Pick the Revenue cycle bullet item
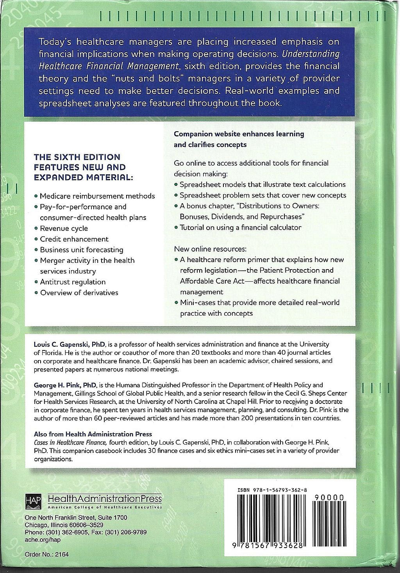coord(64,228)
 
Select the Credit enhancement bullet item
coord(74,239)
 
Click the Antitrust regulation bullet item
coord(73,282)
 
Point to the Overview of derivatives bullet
coord(79,293)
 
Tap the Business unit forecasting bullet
coord(81,250)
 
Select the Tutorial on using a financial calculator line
coord(240,227)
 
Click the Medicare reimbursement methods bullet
coord(97,196)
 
